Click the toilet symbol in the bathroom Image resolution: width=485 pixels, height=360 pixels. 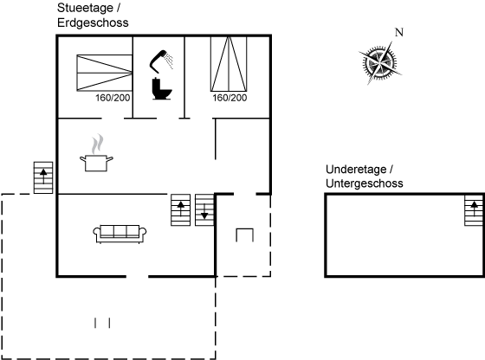click(x=161, y=89)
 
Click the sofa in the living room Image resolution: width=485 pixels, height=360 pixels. click(x=120, y=234)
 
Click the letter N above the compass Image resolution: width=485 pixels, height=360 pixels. click(x=399, y=32)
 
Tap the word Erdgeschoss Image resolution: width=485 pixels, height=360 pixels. click(x=93, y=23)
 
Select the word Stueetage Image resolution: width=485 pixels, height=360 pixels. click(x=85, y=9)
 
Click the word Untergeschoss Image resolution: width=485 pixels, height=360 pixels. click(x=365, y=183)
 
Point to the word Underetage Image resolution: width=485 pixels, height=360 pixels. click(x=356, y=170)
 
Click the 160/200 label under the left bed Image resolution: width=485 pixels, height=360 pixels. click(x=113, y=98)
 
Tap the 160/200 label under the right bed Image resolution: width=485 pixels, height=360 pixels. click(x=230, y=98)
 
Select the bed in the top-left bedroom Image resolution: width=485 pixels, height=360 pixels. click(x=105, y=73)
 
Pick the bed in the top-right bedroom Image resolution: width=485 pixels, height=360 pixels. click(x=229, y=64)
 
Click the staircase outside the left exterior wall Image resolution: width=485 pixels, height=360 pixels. click(x=43, y=177)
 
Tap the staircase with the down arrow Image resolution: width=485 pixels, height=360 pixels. click(x=204, y=209)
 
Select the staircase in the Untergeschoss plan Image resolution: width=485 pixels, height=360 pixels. click(x=474, y=210)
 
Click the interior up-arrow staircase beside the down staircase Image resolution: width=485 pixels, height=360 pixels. click(x=181, y=209)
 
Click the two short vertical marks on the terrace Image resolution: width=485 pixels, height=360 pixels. click(x=102, y=323)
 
